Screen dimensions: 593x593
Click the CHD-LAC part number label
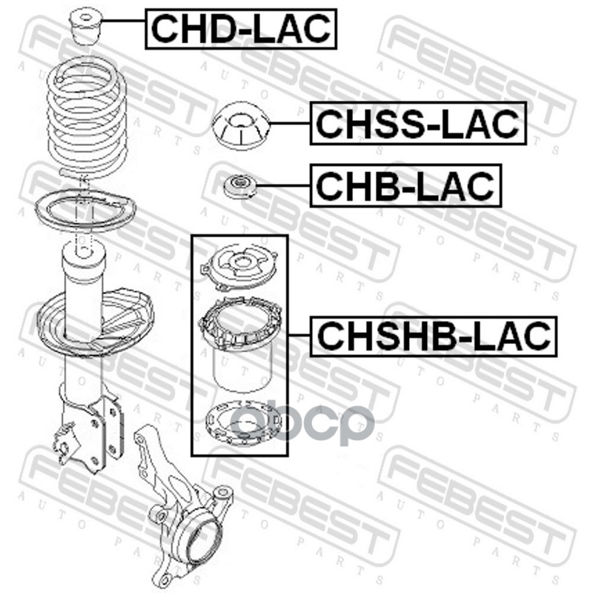click(241, 29)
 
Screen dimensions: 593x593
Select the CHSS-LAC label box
click(418, 123)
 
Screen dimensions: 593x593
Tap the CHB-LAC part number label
click(405, 186)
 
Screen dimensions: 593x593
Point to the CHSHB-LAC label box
click(434, 337)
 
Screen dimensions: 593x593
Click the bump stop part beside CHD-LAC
click(85, 26)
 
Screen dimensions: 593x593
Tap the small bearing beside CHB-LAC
click(240, 186)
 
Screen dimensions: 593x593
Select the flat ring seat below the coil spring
click(85, 211)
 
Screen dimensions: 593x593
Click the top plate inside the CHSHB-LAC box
click(239, 267)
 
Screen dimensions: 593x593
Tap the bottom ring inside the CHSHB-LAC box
click(243, 422)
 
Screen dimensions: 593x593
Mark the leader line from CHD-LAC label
click(123, 21)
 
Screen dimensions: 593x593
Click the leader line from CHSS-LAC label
click(290, 123)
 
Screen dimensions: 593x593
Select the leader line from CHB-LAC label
click(283, 185)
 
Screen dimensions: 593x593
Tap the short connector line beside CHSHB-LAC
click(299, 335)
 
